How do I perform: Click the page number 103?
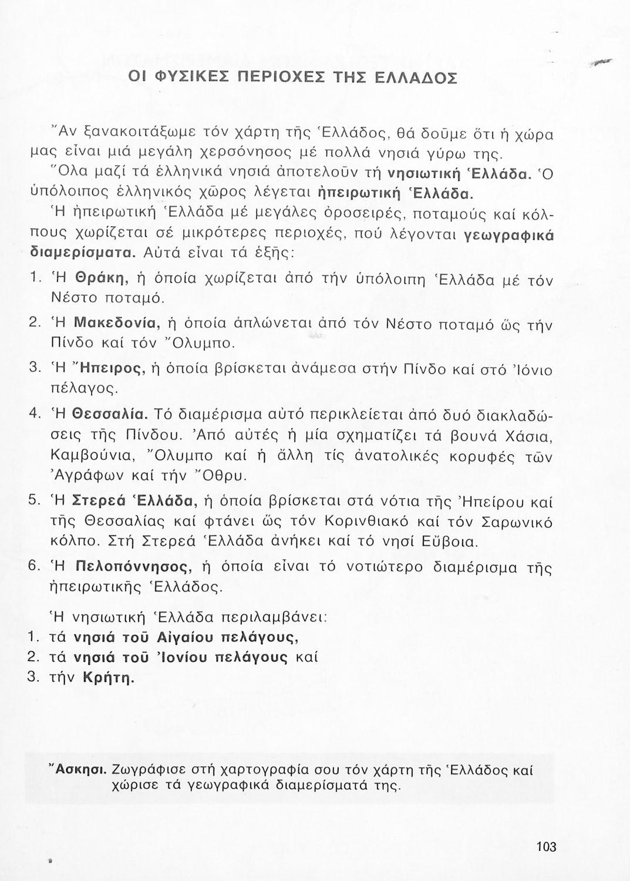(546, 846)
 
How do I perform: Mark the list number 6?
(34, 567)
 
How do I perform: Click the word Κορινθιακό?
(366, 521)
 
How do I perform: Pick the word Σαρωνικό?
(517, 521)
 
